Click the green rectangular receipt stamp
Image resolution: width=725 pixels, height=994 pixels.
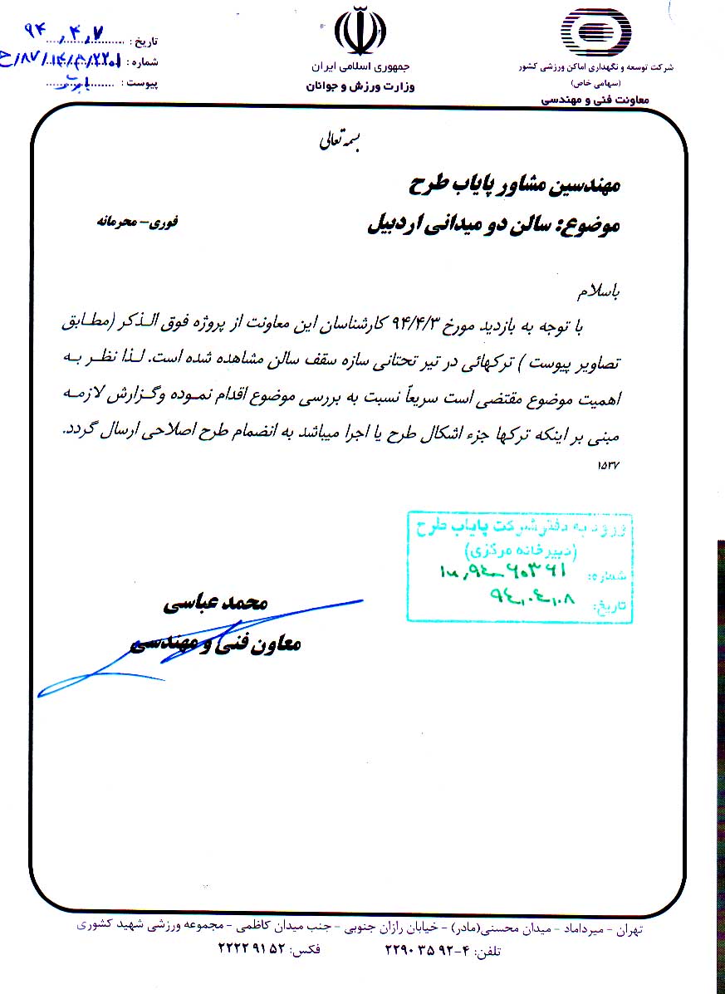519,566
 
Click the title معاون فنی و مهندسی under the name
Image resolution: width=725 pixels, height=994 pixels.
218,644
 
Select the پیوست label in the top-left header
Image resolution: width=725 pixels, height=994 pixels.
141,83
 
